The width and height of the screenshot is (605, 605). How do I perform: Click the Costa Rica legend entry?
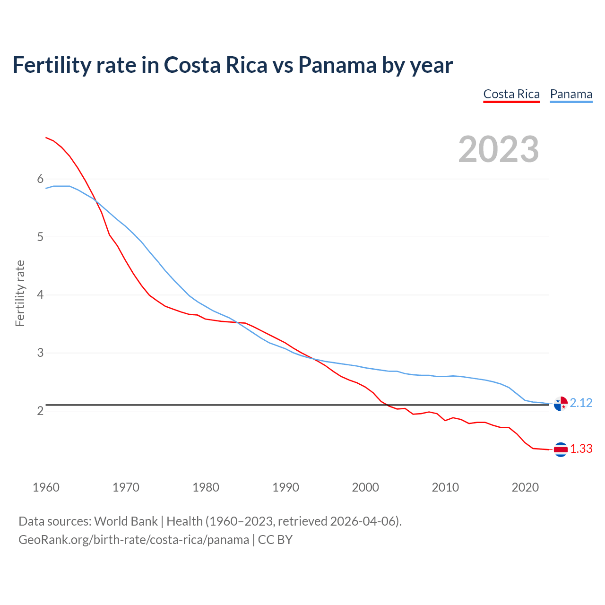click(x=511, y=94)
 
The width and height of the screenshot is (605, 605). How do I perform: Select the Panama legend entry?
click(x=571, y=94)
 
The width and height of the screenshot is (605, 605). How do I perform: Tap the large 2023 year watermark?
click(x=499, y=149)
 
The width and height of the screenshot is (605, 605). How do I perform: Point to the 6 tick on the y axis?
click(x=40, y=179)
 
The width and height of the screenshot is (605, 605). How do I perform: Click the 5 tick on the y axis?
click(x=40, y=237)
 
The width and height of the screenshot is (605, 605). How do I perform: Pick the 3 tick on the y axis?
click(x=40, y=353)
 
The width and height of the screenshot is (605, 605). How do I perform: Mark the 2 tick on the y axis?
click(x=40, y=411)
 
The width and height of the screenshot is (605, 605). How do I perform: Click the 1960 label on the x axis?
click(x=46, y=487)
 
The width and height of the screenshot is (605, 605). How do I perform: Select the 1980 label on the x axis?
click(x=206, y=487)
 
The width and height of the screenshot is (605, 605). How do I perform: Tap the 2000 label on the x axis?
click(x=365, y=487)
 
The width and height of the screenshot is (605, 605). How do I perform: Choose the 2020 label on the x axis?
click(x=525, y=487)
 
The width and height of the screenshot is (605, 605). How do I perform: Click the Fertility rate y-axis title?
click(x=20, y=293)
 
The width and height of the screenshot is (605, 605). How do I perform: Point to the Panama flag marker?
click(x=561, y=404)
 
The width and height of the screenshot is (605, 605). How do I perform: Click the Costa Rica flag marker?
click(x=561, y=449)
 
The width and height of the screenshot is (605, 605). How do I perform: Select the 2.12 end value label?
click(x=581, y=403)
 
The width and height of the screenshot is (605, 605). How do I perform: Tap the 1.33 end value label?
click(x=581, y=449)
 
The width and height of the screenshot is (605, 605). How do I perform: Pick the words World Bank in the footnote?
click(x=126, y=521)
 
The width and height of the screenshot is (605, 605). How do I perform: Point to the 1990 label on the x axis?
click(x=285, y=487)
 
